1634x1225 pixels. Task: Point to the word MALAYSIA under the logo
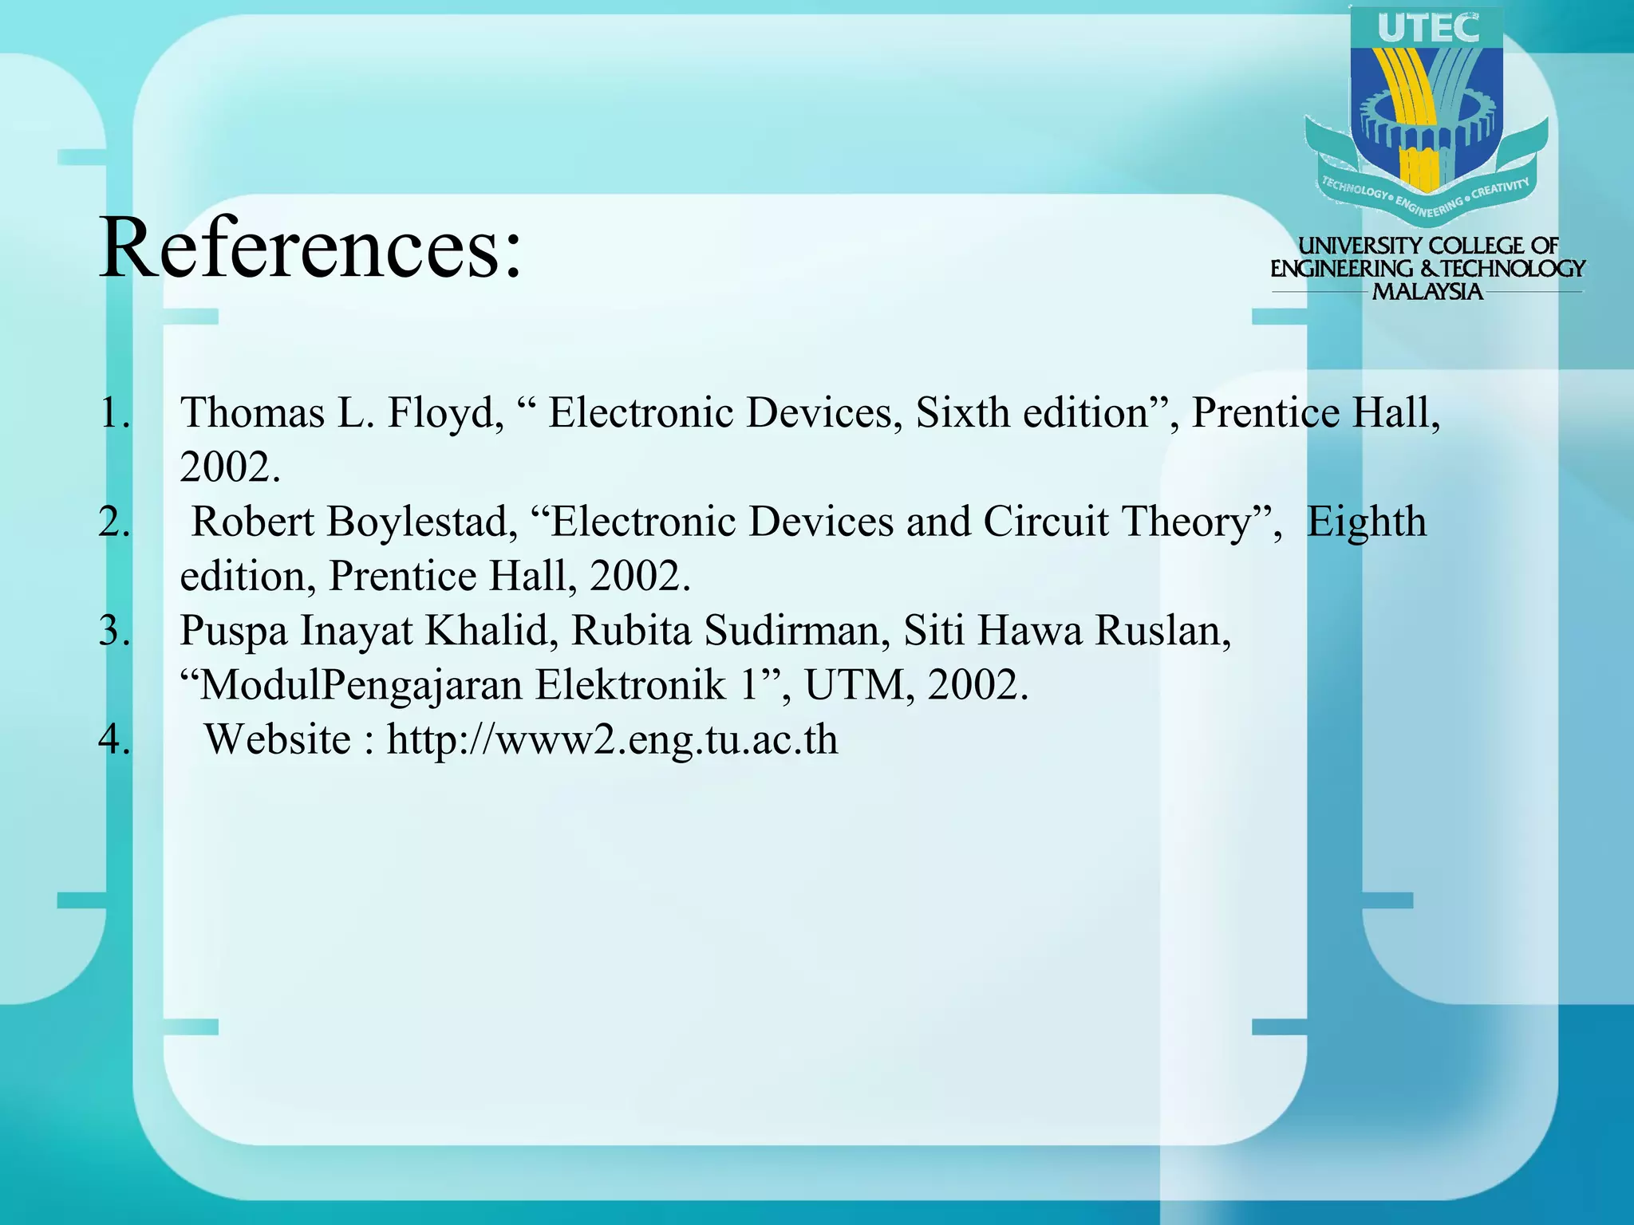coord(1427,292)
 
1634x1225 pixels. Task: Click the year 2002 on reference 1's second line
coord(229,467)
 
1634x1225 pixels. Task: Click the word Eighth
coord(1366,522)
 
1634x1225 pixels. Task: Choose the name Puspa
coord(233,632)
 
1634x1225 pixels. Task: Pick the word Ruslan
coord(1162,632)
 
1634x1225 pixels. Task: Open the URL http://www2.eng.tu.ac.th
coord(612,740)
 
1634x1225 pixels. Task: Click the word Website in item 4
coord(277,739)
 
